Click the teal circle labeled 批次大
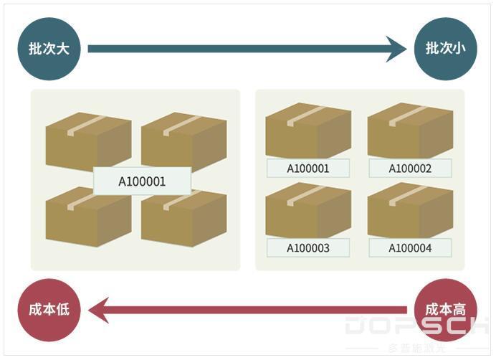(49, 49)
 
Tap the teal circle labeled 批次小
(445, 49)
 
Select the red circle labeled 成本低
(49, 310)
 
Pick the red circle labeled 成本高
(445, 310)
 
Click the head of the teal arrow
(406, 49)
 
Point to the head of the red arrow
(90, 310)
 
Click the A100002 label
(410, 168)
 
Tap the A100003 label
(308, 247)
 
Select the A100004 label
(410, 247)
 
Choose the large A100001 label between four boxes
(142, 181)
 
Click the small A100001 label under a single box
(308, 168)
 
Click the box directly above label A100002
(410, 131)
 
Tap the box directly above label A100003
(308, 210)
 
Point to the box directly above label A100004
(410, 210)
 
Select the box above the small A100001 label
(308, 131)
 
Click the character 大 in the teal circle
(62, 49)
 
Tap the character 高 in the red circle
(459, 310)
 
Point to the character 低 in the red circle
(62, 310)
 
